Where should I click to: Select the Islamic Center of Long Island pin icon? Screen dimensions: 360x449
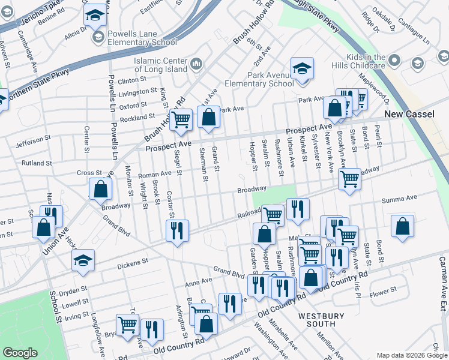tap(197, 64)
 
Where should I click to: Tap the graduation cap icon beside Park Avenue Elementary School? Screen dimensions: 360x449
tap(302, 68)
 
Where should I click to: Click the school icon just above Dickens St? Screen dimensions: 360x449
tap(83, 260)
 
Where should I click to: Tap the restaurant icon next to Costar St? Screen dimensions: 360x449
tap(177, 230)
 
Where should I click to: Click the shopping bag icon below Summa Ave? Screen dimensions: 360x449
tap(403, 226)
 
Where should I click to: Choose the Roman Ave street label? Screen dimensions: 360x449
tap(155, 175)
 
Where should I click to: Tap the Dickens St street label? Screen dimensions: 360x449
tap(131, 262)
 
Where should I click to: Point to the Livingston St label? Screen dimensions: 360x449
tap(137, 92)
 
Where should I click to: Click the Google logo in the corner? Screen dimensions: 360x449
tap(20, 353)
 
